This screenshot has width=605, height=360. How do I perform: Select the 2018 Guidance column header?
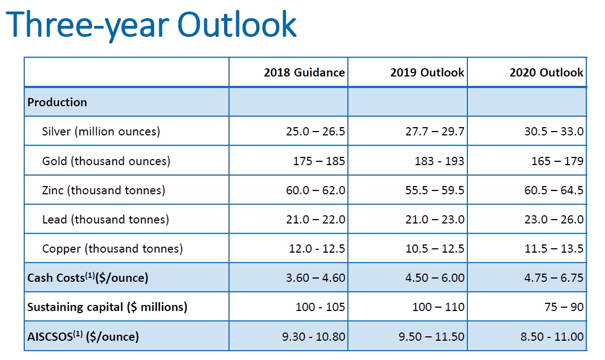click(x=304, y=73)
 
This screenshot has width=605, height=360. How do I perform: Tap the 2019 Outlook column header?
click(x=427, y=73)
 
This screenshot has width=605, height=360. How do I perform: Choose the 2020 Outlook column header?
click(x=546, y=73)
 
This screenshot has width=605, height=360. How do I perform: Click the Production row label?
click(x=57, y=102)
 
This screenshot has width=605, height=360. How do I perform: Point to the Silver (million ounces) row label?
click(x=101, y=132)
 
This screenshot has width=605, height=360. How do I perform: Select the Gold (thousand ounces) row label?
click(x=106, y=161)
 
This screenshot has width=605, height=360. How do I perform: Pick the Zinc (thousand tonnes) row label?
click(x=103, y=190)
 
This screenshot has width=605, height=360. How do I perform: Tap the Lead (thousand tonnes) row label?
click(x=105, y=220)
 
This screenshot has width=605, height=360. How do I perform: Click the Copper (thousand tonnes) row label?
click(x=112, y=249)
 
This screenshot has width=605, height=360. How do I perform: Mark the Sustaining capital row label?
click(x=107, y=307)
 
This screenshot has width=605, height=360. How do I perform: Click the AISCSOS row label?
click(x=83, y=336)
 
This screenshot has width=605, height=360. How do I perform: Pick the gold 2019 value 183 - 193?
click(x=439, y=161)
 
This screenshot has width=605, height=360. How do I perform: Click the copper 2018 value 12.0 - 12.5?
click(x=317, y=249)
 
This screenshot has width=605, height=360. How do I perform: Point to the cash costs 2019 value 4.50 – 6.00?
click(x=435, y=278)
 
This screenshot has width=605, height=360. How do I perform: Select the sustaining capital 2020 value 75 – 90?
click(x=564, y=307)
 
